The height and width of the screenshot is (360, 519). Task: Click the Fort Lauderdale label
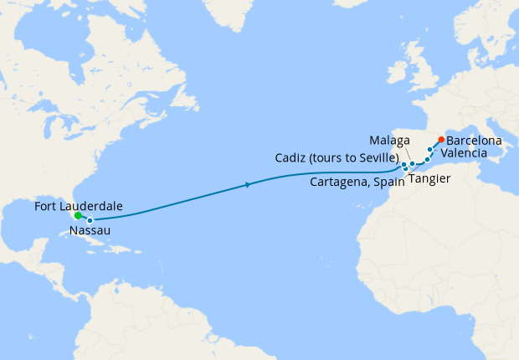[79, 205]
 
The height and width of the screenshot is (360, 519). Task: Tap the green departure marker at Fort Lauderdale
[78, 215]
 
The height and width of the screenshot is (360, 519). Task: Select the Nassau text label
[90, 230]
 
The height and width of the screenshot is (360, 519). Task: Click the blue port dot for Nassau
[90, 220]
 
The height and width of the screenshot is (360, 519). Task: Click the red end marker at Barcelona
[441, 139]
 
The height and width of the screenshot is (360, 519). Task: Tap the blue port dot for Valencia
[430, 149]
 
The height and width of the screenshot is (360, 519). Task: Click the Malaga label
[390, 138]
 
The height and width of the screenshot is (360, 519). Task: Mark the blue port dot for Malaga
[413, 163]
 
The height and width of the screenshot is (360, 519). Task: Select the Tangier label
[433, 179]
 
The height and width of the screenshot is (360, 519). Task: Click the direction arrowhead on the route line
[249, 185]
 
